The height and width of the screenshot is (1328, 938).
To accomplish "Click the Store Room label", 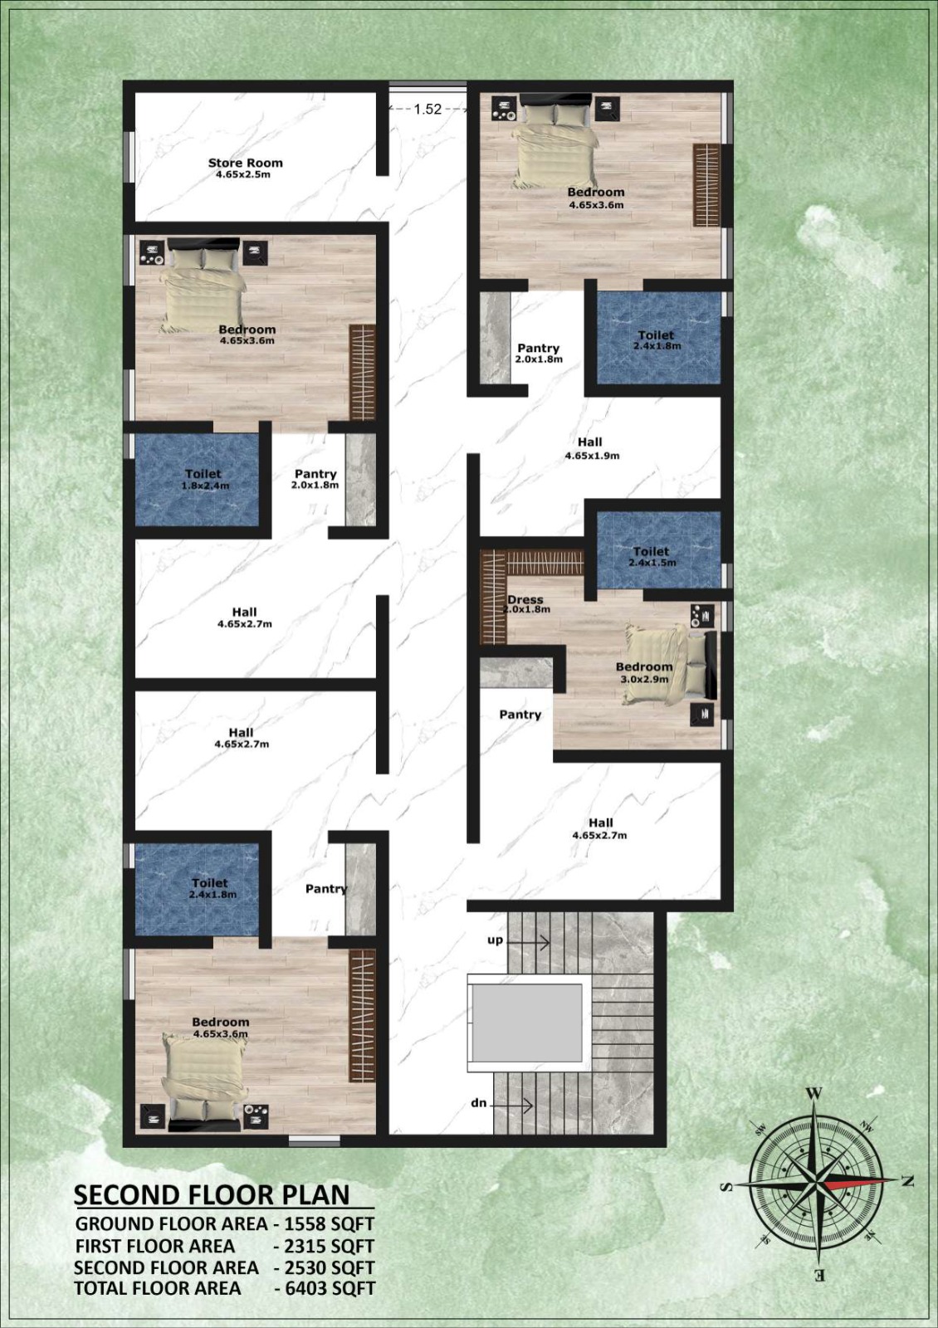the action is pos(245,163).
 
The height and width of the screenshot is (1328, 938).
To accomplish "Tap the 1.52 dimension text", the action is pos(427,109).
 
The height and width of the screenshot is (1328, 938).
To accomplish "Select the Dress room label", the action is pos(525,599).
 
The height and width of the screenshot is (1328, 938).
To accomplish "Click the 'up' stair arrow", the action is pos(528,941).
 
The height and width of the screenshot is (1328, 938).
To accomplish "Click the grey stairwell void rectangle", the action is pos(526,1023).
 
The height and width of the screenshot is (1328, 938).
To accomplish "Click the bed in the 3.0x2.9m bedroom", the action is pos(669,666).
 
